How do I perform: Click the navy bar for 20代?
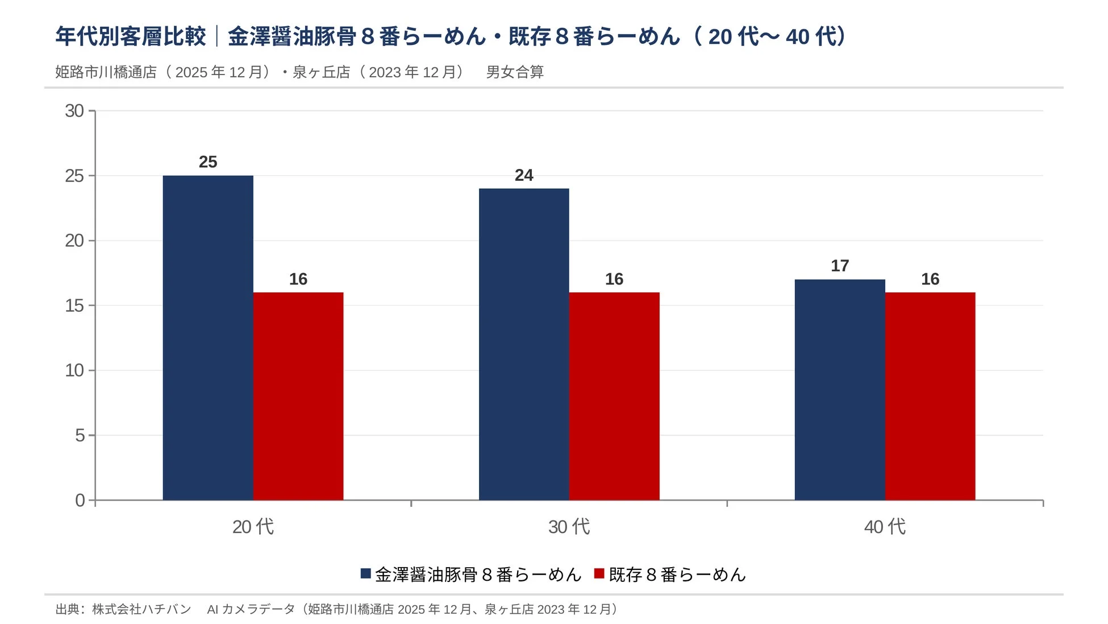point(208,338)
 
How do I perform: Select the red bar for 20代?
point(298,396)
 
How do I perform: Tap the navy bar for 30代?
point(524,344)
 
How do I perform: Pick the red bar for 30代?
point(614,396)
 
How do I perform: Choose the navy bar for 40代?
point(840,390)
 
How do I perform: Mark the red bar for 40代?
point(930,396)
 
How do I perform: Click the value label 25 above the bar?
point(208,162)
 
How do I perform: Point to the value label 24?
point(524,175)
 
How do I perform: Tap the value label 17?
point(840,266)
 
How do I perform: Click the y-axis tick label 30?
point(74,111)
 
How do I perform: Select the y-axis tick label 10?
point(74,370)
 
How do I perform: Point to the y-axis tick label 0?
point(80,501)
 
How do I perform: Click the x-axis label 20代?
point(253,527)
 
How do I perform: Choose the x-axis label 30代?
point(569,527)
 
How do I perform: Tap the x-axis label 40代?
point(885,527)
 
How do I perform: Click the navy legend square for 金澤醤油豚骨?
point(366,573)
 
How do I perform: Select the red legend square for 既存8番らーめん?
point(599,573)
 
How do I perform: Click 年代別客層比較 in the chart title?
point(131,36)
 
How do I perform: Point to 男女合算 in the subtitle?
point(515,72)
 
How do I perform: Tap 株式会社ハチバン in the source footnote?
point(141,609)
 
